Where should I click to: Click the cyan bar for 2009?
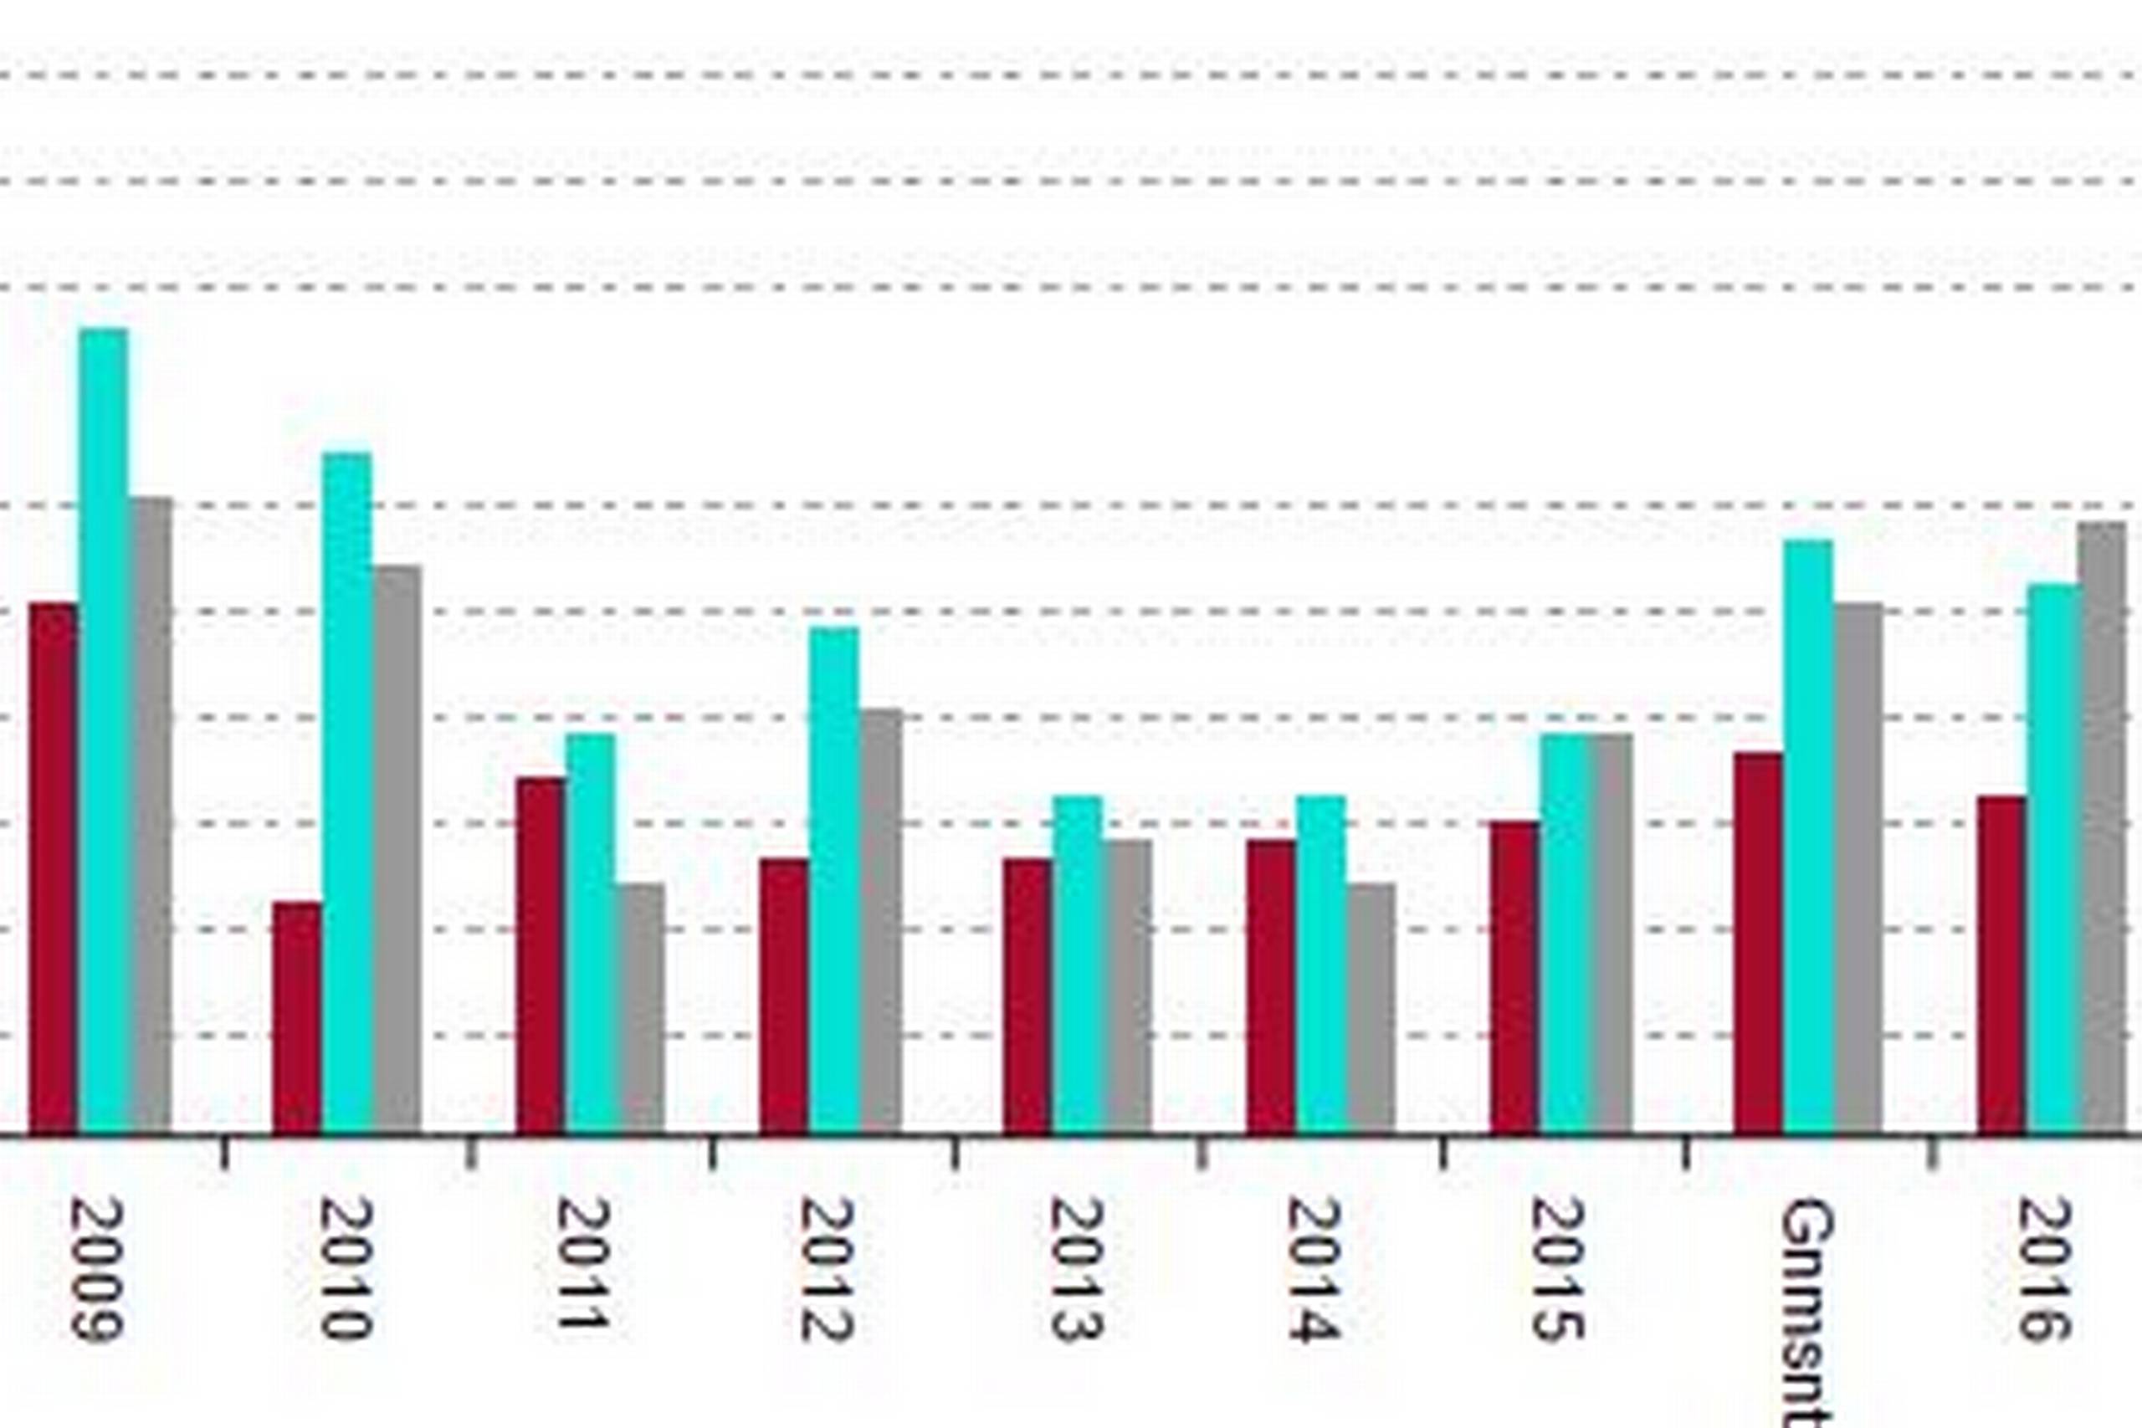[x=104, y=729]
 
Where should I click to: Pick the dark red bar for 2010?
[x=297, y=1016]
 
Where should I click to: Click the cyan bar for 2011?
[x=590, y=933]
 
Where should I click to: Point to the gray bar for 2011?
[x=641, y=1007]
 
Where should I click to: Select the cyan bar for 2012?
[x=834, y=880]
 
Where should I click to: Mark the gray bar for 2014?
[x=1371, y=1007]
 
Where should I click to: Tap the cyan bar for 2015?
[x=1565, y=933]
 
